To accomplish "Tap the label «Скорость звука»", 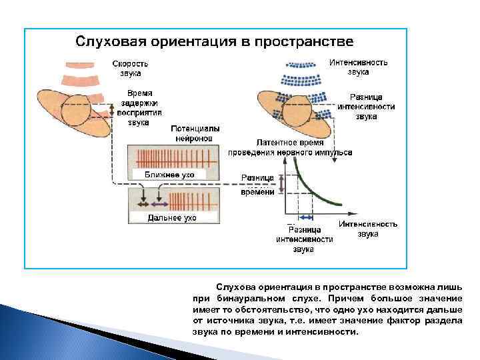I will [130, 69].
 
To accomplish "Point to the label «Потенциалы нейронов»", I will [195, 133].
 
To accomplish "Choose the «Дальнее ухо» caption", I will [171, 217].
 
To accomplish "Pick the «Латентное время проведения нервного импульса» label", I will [290, 147].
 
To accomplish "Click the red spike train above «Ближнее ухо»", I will [177, 158].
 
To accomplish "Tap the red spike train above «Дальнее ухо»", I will [193, 201].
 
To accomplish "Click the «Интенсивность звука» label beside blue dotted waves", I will [359, 67].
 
